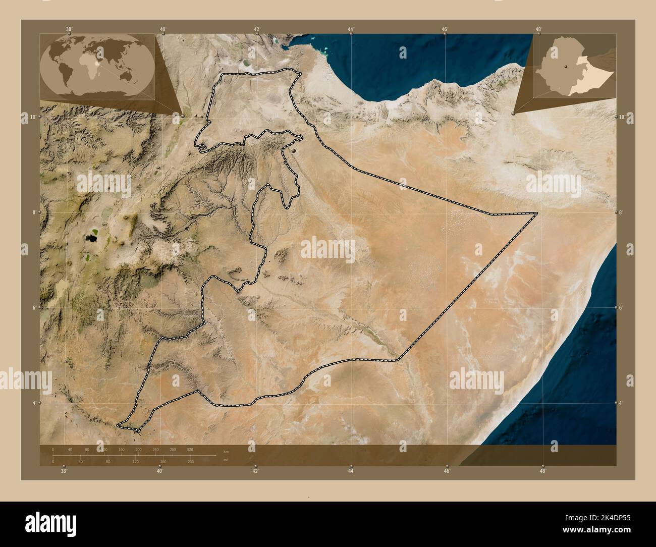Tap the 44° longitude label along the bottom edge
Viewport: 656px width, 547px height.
click(x=351, y=471)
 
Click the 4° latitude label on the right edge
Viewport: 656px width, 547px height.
click(x=621, y=403)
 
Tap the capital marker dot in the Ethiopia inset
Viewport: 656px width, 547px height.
click(x=567, y=66)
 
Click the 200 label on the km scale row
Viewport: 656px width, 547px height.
click(x=138, y=449)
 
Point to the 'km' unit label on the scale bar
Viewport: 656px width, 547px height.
click(x=226, y=451)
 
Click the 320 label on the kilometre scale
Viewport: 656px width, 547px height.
click(x=190, y=449)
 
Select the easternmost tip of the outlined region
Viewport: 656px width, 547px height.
click(x=537, y=213)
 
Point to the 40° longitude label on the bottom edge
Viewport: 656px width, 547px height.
click(x=159, y=471)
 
